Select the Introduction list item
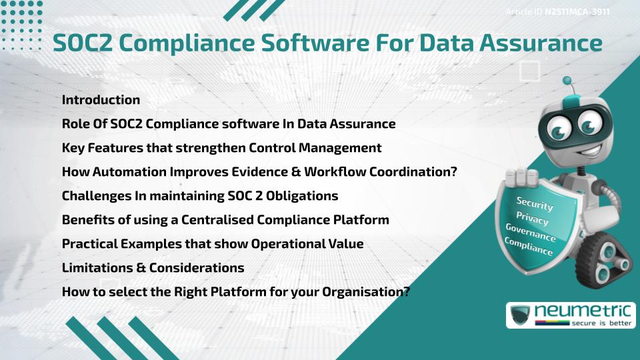click(x=101, y=100)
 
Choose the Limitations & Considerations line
click(x=153, y=268)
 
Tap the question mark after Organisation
click(x=405, y=292)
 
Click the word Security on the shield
click(x=535, y=203)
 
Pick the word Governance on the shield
click(x=531, y=233)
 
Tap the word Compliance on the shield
click(x=529, y=247)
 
